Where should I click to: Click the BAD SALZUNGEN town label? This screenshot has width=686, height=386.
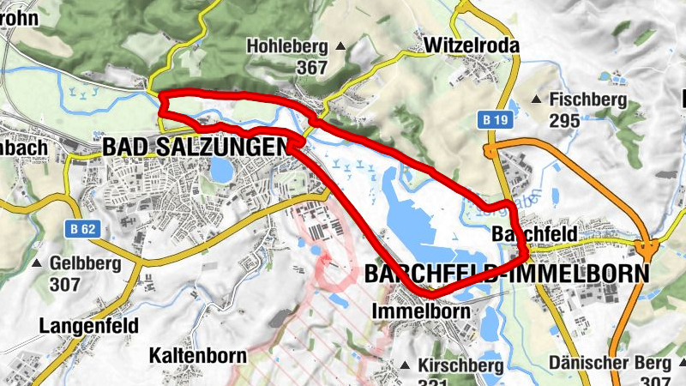click(x=196, y=147)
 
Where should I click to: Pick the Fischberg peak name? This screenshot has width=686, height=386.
click(x=588, y=100)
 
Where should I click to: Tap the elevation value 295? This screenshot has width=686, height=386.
click(x=565, y=120)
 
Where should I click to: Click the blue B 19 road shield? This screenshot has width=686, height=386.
click(x=494, y=120)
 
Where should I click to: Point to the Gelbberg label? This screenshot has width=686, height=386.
click(x=87, y=262)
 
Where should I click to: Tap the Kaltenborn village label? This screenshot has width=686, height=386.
click(x=197, y=354)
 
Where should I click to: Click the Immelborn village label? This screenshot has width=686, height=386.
click(x=420, y=311)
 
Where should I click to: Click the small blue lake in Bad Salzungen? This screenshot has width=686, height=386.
click(x=222, y=171)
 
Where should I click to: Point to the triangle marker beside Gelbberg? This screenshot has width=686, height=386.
click(x=37, y=262)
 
